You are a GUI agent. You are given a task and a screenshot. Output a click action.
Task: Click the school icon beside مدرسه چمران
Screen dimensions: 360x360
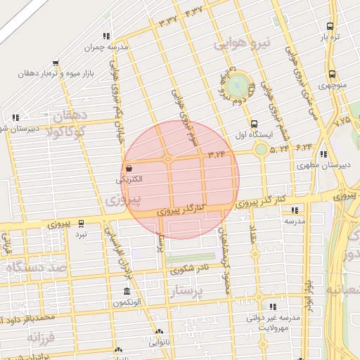[106, 36]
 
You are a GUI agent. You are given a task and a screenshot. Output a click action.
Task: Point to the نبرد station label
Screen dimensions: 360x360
[82, 233]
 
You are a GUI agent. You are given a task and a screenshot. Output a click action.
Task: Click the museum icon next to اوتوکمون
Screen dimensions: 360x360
[127, 292]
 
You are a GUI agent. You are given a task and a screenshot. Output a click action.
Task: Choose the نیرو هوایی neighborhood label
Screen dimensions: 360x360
[242, 44]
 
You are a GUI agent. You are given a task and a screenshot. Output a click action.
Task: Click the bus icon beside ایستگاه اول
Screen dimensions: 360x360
[253, 124]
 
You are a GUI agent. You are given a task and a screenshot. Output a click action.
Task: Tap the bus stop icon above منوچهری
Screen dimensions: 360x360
[331, 74]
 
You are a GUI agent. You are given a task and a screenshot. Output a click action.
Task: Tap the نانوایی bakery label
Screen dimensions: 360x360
[159, 342]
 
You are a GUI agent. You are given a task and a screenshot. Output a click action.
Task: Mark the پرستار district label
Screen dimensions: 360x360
[192, 290]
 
